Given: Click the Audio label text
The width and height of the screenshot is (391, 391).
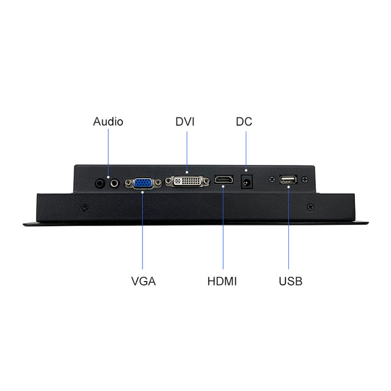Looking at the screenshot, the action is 108,122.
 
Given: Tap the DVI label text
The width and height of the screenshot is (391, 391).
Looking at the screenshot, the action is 185,122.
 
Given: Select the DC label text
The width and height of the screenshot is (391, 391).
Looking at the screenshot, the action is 244,122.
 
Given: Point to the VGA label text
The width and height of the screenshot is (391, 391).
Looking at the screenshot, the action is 144,282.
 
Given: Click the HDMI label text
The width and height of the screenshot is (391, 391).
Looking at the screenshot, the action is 222,282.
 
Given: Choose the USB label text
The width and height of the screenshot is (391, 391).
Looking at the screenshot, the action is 290,282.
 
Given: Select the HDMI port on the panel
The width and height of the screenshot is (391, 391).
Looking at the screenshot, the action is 223,181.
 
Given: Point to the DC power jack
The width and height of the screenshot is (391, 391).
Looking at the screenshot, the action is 247,181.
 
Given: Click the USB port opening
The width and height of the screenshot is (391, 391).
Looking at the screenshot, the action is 288,180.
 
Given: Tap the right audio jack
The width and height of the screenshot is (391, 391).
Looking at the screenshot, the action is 112,181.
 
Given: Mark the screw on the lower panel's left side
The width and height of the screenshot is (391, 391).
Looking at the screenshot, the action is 84,206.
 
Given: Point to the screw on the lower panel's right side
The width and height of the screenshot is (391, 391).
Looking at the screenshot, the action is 310,206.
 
